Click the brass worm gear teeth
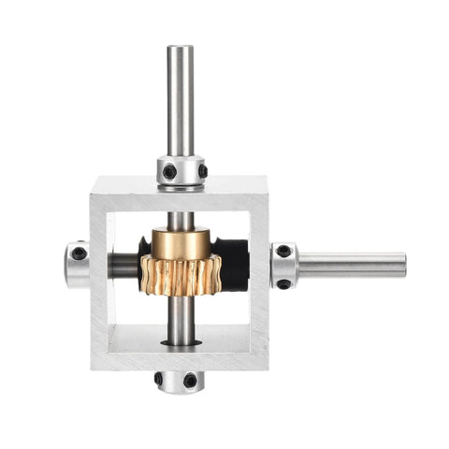pos(180,276)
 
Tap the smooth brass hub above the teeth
pos(181,245)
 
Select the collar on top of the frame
pos(181,171)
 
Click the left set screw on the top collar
pos(168,172)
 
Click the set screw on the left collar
pos(79,253)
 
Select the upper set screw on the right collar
pos(283,251)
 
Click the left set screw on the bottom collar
pos(159,379)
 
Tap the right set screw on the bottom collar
pos(191,381)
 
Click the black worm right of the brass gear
pos(234,262)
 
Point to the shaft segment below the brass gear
pos(179,318)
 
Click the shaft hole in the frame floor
pos(181,342)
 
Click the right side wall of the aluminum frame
pos(257,281)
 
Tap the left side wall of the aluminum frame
pos(99,281)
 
